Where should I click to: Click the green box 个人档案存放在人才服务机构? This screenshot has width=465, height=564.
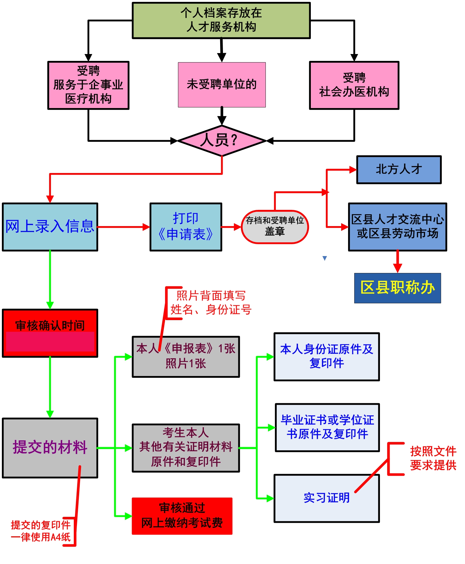(x=221, y=20)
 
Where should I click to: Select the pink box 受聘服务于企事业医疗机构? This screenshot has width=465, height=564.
(x=88, y=85)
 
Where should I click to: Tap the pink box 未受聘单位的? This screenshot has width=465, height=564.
(x=222, y=85)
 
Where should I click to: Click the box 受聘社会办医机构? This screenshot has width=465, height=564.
(x=354, y=85)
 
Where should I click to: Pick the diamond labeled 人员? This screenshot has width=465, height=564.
(x=222, y=141)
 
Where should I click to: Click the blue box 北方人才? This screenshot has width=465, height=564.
(x=399, y=170)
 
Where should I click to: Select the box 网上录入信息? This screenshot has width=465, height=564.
(x=50, y=227)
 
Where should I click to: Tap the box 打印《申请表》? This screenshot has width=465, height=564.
(x=186, y=227)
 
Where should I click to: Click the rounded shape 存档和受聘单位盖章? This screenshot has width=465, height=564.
(x=275, y=227)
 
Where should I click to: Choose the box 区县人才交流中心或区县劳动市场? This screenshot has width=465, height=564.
(x=397, y=227)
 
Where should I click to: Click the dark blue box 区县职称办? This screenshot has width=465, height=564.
(x=397, y=288)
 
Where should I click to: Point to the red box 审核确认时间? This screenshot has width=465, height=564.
(x=50, y=333)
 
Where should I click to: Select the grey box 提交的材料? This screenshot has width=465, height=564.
(x=50, y=448)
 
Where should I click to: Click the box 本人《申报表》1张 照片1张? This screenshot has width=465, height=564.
(x=186, y=357)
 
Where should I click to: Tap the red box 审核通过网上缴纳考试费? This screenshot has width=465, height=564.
(x=182, y=516)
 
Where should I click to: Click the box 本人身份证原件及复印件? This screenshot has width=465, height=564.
(x=326, y=357)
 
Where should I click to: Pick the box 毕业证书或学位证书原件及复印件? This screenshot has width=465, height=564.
(x=327, y=427)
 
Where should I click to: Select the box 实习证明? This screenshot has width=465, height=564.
(x=326, y=498)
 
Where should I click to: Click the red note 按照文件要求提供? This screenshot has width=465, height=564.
(x=433, y=458)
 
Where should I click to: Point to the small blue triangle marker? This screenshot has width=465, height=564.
(x=325, y=258)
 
